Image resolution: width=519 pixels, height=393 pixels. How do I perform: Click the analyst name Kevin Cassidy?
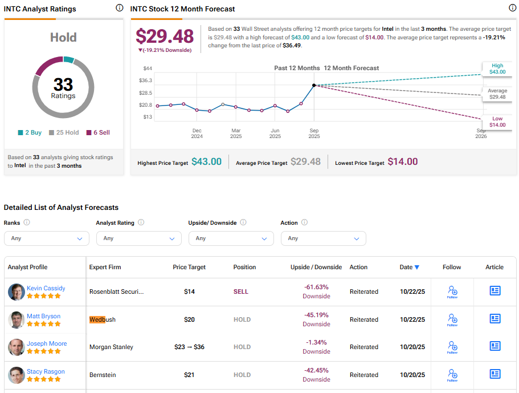coord(46,288)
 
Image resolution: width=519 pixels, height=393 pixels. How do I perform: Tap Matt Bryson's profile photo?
coord(17,319)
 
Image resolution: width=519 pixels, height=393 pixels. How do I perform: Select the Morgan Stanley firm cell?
coord(111,347)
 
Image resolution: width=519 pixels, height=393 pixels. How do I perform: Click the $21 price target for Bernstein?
coord(189,375)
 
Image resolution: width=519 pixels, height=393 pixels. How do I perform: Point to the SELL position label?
coord(241,291)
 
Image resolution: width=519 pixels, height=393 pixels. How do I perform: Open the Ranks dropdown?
coord(47,238)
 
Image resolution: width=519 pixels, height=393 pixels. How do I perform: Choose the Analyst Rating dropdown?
coord(139,238)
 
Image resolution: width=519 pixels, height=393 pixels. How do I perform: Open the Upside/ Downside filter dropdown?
coord(231,238)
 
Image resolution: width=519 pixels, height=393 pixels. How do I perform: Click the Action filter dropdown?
coord(324,238)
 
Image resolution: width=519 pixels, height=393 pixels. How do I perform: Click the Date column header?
coord(410,267)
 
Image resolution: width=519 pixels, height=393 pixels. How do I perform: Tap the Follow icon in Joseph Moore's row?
coord(452,347)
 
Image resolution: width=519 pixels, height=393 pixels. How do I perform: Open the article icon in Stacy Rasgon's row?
coord(495,374)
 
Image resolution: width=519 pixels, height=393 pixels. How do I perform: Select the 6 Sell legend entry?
coord(98,132)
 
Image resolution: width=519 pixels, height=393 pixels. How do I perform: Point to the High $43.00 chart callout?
coord(497,69)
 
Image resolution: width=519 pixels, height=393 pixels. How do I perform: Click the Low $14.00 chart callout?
coord(497,121)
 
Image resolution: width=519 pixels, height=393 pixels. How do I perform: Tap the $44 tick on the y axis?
coord(147,68)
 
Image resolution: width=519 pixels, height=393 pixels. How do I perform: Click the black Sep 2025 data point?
coord(314,85)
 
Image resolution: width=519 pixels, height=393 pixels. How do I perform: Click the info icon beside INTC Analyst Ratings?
coord(119,8)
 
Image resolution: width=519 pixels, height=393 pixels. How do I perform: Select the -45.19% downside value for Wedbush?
coord(316,315)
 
